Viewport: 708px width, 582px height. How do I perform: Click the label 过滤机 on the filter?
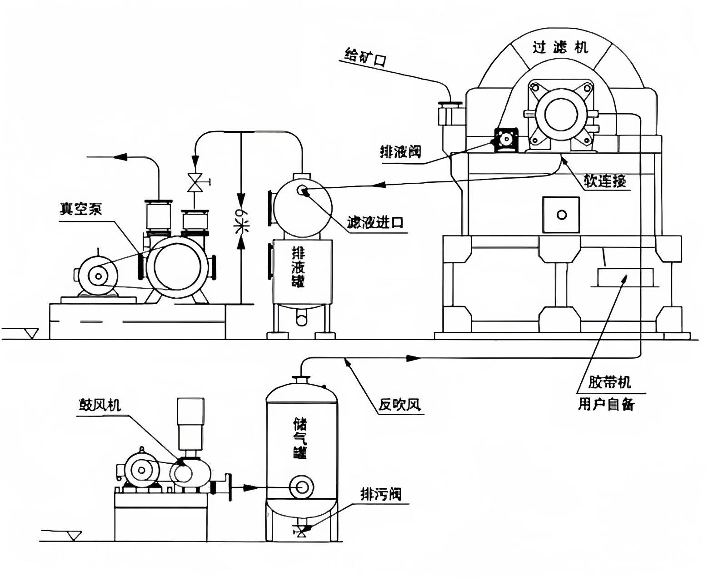[560, 47]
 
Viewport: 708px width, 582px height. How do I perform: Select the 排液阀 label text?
[400, 152]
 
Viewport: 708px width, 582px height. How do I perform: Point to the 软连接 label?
[604, 181]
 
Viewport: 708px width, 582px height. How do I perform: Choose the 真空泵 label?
[81, 209]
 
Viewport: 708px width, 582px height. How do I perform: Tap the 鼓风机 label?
[100, 404]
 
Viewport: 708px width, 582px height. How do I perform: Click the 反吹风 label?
[400, 404]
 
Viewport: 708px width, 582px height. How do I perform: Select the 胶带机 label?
[609, 382]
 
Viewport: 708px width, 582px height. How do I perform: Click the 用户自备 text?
[606, 404]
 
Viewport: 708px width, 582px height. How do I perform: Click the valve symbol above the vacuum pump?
[195, 182]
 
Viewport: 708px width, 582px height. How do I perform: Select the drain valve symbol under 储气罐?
[300, 530]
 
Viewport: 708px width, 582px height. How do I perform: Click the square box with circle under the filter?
[561, 215]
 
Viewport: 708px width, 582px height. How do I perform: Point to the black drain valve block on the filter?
[506, 139]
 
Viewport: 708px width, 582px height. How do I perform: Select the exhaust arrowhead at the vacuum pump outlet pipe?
[119, 157]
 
